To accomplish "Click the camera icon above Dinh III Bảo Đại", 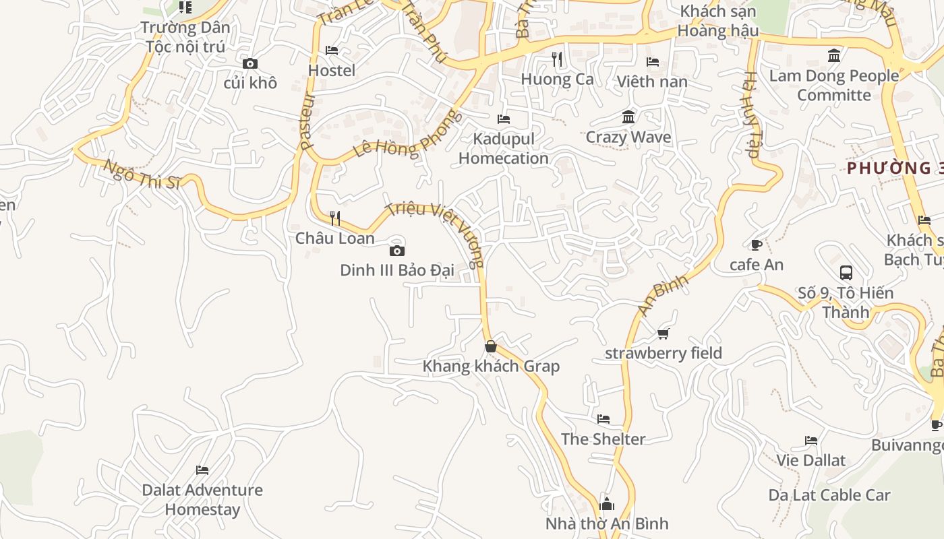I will coord(397,251).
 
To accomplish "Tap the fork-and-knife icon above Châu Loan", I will coord(335,218).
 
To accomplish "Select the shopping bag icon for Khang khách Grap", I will coord(491,346).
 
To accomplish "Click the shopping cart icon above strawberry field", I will coord(663,334).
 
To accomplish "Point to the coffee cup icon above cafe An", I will coord(756,245).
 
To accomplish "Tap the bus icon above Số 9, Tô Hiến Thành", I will coord(846,273).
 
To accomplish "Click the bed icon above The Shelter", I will coord(603,419).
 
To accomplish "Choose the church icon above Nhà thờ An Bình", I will coord(607,503).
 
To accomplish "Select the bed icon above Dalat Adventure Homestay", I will coord(202,470).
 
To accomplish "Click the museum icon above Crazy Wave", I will coord(628,117).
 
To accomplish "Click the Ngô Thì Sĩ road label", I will coord(142,175).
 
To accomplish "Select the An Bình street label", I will coord(662,294).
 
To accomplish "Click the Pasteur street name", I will coord(307,121).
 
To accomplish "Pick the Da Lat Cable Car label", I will coord(829,495).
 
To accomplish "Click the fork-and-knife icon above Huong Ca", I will coord(557,59).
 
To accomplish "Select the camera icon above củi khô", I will coord(250,63).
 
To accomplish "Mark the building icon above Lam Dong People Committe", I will coord(834,56).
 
